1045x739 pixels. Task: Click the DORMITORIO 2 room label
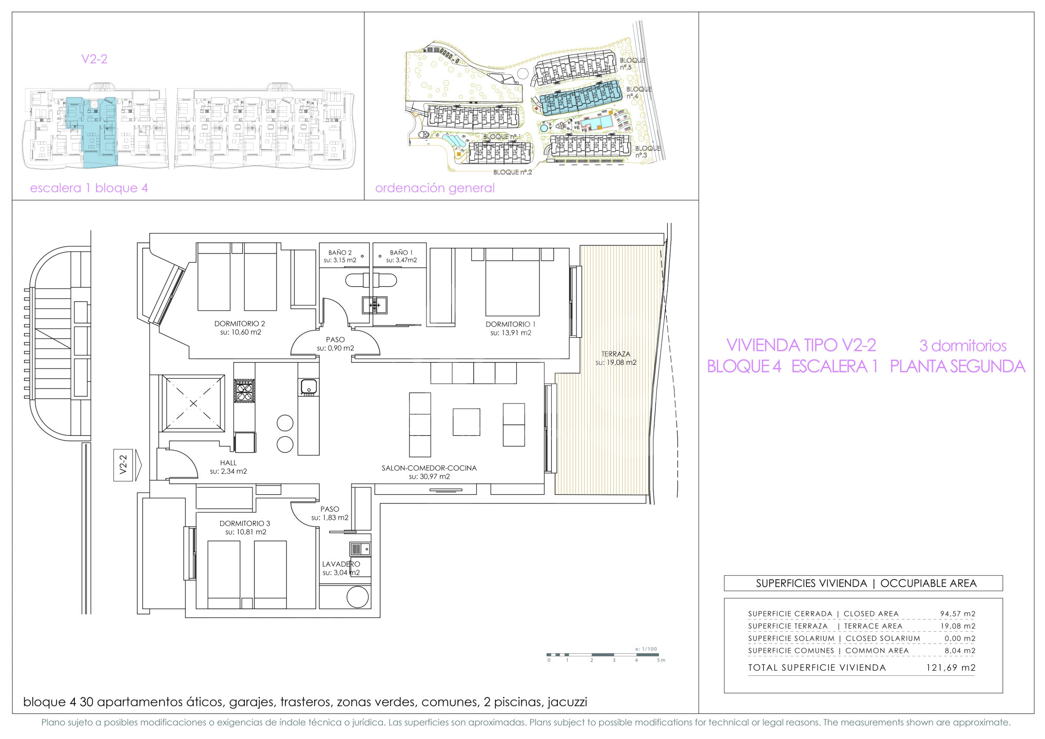click(x=240, y=324)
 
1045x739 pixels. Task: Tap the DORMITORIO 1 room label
click(x=510, y=324)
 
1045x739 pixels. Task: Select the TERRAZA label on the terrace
click(x=616, y=354)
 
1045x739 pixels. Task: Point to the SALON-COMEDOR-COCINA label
click(x=429, y=468)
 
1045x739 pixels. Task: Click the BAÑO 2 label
click(x=340, y=252)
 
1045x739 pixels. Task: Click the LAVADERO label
click(x=341, y=564)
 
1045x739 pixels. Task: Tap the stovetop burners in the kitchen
click(x=244, y=391)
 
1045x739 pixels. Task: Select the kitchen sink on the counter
click(x=308, y=387)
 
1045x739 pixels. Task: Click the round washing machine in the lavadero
click(x=358, y=597)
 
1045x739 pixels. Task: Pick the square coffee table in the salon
click(x=466, y=422)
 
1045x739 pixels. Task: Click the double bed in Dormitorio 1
click(x=512, y=282)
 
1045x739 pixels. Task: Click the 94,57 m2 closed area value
click(x=958, y=614)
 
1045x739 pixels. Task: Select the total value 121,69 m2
click(x=951, y=668)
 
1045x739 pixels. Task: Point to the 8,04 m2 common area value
click(x=960, y=651)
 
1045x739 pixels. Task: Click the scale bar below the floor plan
click(x=603, y=655)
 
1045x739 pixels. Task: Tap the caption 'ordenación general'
click(x=435, y=188)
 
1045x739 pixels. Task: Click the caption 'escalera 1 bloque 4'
click(x=89, y=188)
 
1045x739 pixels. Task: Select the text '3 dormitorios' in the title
click(x=963, y=345)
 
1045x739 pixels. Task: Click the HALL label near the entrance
click(x=228, y=463)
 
